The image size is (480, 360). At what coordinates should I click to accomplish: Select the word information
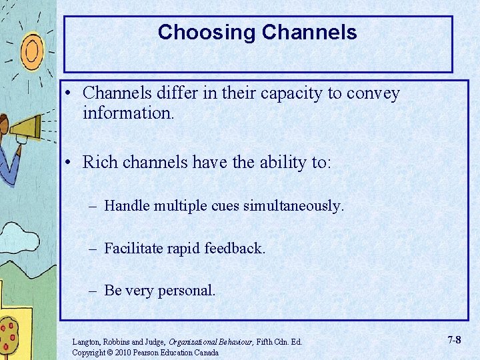(x=128, y=113)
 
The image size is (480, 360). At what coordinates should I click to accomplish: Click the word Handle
(x=127, y=206)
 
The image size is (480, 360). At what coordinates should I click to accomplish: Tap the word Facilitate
(x=134, y=249)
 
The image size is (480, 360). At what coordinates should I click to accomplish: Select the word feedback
(x=234, y=249)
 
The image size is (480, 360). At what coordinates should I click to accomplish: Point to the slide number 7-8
(x=453, y=340)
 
